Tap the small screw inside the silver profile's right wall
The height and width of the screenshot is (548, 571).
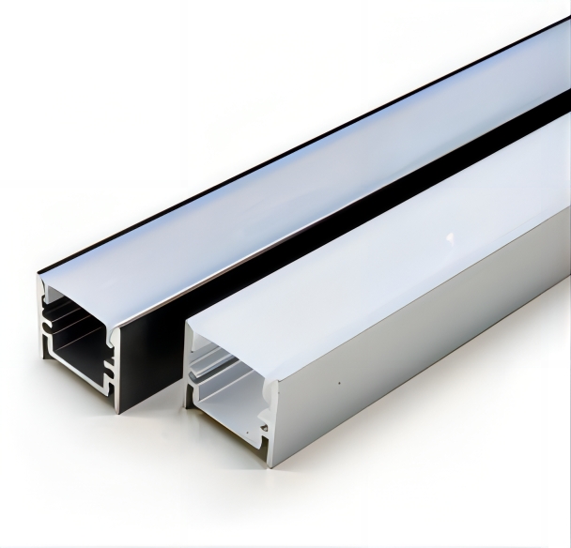[x=264, y=428]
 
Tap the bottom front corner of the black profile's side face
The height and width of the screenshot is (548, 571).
[x=120, y=410]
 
